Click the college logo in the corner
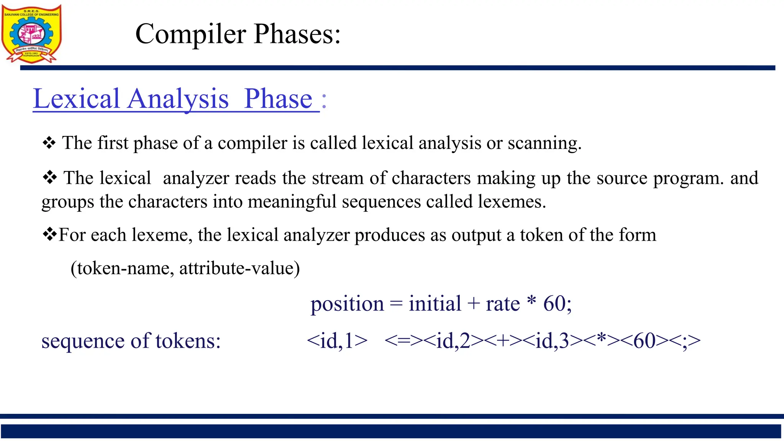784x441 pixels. tap(31, 34)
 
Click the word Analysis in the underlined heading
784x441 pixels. tap(178, 99)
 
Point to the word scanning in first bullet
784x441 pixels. tap(544, 143)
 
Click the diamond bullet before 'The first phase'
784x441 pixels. tap(49, 143)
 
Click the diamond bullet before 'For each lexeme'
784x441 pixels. tap(49, 234)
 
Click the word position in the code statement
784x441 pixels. tap(347, 304)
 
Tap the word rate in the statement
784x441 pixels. tap(503, 304)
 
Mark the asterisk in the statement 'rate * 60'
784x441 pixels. tap(531, 301)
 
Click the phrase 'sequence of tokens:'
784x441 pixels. tap(131, 341)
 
